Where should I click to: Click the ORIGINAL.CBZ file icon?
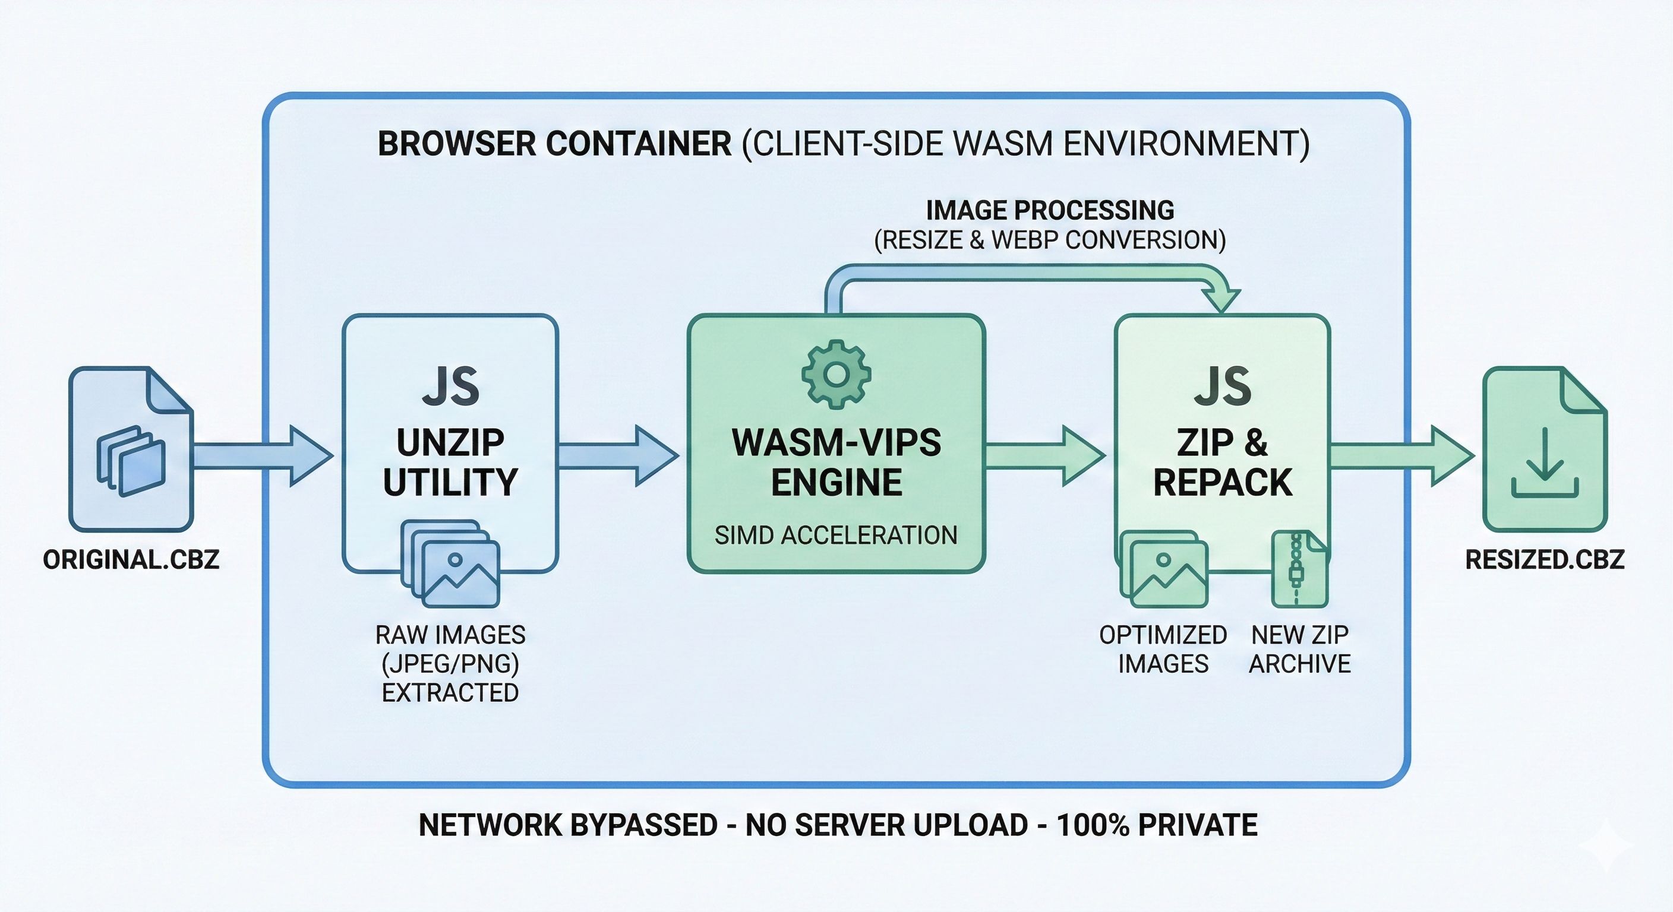pos(131,449)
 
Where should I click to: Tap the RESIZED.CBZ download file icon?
pos(1545,449)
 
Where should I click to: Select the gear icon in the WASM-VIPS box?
pos(836,375)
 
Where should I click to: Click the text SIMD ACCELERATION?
pos(836,536)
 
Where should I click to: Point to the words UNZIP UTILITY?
pos(450,462)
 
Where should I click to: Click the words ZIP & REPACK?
pos(1222,462)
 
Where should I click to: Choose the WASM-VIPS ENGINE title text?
pos(836,462)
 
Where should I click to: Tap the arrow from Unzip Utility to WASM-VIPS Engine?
pos(617,455)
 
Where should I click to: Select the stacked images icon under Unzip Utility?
pos(450,562)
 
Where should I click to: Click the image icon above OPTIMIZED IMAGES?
pos(1164,569)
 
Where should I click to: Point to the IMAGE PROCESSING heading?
pos(1050,210)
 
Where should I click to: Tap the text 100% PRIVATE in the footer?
pos(1157,825)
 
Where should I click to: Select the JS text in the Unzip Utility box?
pos(450,387)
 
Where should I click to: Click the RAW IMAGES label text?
pos(450,635)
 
